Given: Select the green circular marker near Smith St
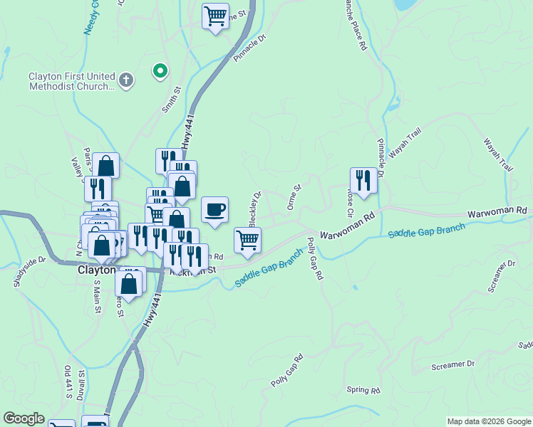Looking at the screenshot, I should point(160,70).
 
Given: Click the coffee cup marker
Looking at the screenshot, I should point(215,209).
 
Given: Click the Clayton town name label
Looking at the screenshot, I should point(95,270).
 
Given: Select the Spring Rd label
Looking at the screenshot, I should point(363,390).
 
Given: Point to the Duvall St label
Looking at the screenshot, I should point(81,384).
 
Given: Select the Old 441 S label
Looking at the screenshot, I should point(68,383).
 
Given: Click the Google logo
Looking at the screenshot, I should point(24,418).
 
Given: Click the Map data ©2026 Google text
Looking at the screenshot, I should point(488,421).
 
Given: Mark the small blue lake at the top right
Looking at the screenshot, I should point(405,4).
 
